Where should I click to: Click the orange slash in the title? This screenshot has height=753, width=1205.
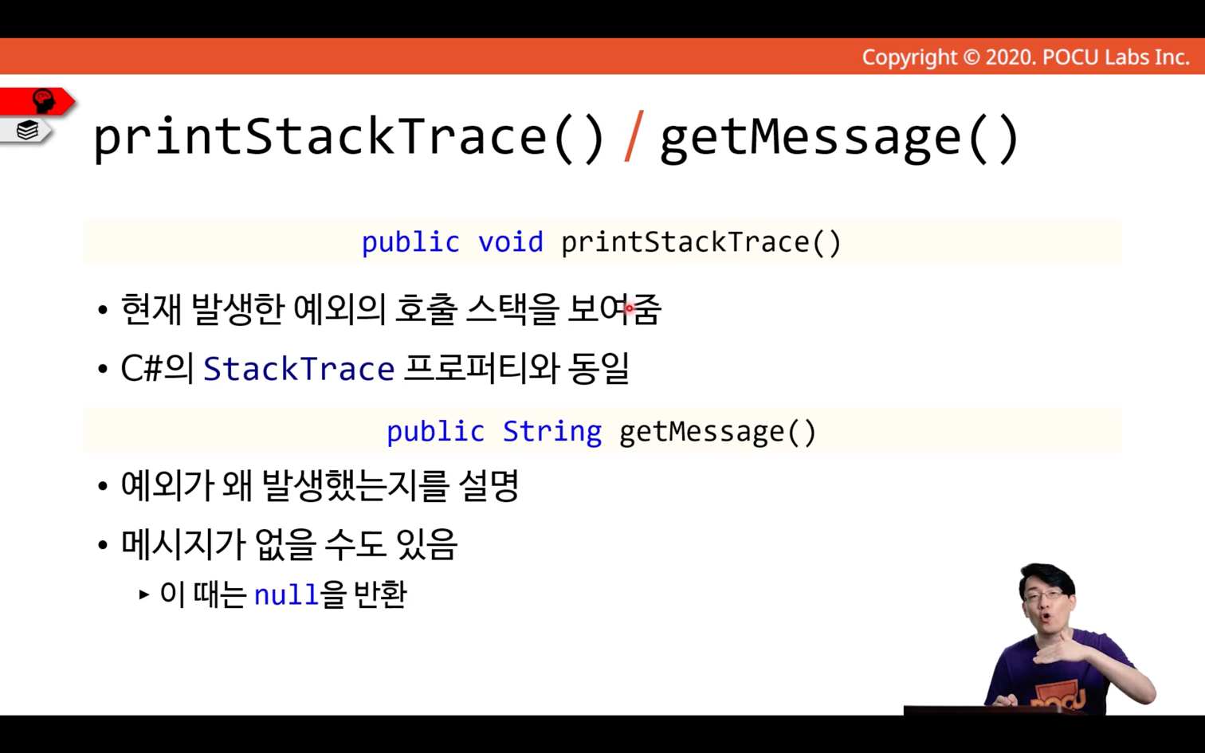(634, 136)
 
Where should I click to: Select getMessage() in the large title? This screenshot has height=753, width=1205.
(839, 139)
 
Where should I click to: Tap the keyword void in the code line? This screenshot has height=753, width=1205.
(511, 242)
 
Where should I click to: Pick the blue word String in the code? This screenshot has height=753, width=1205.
(552, 431)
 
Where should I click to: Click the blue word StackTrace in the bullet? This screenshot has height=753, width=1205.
(299, 369)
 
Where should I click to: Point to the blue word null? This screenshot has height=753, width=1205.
(285, 595)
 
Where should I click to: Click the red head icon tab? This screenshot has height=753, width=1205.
(37, 101)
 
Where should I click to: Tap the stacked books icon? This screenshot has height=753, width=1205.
(27, 130)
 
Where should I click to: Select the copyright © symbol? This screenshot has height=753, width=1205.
(971, 57)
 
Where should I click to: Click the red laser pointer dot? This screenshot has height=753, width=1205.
(630, 308)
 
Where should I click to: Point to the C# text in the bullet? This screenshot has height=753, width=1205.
(142, 369)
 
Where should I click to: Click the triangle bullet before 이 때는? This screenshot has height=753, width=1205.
(143, 595)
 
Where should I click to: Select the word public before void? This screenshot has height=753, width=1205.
(410, 242)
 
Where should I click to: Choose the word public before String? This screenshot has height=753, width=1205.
(436, 431)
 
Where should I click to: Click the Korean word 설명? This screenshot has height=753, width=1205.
(489, 485)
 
